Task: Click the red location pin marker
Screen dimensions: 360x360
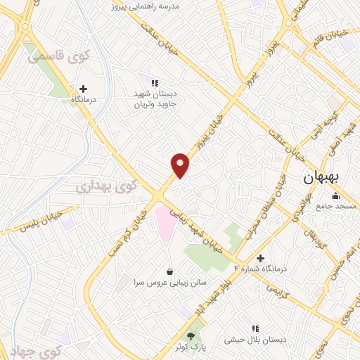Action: pos(180,165)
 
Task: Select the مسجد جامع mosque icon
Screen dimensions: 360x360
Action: pos(335,195)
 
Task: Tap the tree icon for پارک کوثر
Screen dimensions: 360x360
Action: pos(191,337)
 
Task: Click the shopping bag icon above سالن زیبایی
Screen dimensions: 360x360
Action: pos(169,271)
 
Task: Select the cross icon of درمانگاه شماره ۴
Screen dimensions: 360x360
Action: pos(261,259)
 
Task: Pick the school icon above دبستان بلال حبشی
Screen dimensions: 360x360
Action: pos(255,328)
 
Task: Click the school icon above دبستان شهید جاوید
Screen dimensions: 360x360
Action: pos(155,83)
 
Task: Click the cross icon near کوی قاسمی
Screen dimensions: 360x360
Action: pos(84,89)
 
